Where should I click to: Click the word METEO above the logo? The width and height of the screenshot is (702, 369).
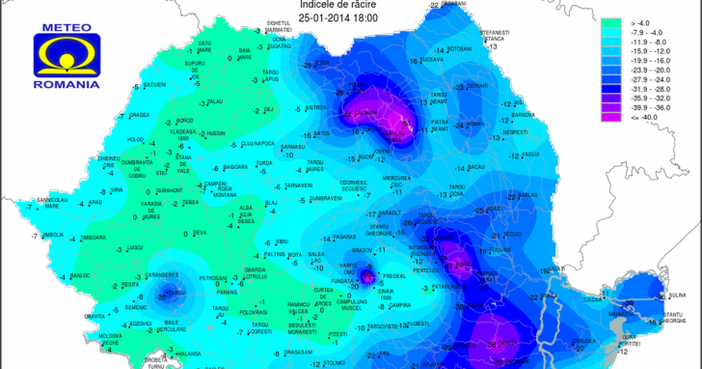click(66, 27)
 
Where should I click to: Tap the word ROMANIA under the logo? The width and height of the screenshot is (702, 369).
click(66, 84)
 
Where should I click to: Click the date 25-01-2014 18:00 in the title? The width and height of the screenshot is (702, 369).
click(338, 18)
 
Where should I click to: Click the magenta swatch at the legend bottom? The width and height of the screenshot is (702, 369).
click(612, 117)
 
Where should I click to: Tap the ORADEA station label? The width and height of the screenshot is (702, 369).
click(140, 115)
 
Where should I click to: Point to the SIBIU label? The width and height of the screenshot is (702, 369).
click(283, 241)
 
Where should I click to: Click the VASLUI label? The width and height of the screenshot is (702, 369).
click(529, 155)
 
